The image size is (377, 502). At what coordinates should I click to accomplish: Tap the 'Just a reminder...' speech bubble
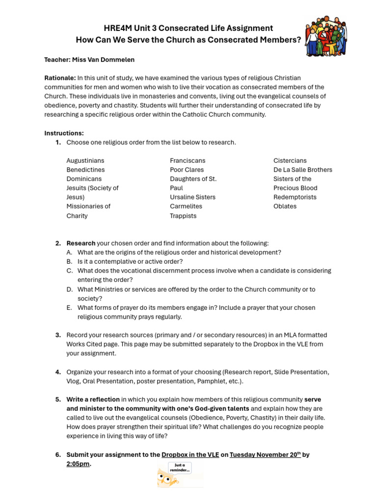[179, 468]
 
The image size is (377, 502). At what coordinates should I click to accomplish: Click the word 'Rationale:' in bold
[60, 78]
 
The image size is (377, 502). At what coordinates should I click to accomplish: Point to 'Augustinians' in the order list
[85, 160]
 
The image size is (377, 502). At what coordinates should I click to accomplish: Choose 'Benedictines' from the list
[85, 170]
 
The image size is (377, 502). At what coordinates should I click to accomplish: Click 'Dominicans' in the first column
[84, 179]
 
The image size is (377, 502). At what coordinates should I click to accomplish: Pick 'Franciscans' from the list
[188, 160]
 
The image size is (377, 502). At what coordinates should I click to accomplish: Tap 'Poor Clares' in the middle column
[187, 170]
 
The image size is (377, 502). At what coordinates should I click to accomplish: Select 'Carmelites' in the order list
[186, 206]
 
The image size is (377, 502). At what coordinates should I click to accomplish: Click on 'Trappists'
[183, 216]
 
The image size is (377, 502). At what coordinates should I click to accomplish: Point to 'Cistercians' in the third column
[290, 160]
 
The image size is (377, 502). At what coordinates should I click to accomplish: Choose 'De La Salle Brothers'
[302, 170]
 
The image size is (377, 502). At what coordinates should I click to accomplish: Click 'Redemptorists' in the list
[295, 197]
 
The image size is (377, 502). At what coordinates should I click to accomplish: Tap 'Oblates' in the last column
[285, 206]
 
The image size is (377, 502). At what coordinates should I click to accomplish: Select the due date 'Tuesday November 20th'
[265, 454]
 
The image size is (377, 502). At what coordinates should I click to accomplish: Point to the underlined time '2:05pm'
[78, 464]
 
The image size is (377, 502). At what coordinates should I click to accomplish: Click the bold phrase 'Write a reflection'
[93, 400]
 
